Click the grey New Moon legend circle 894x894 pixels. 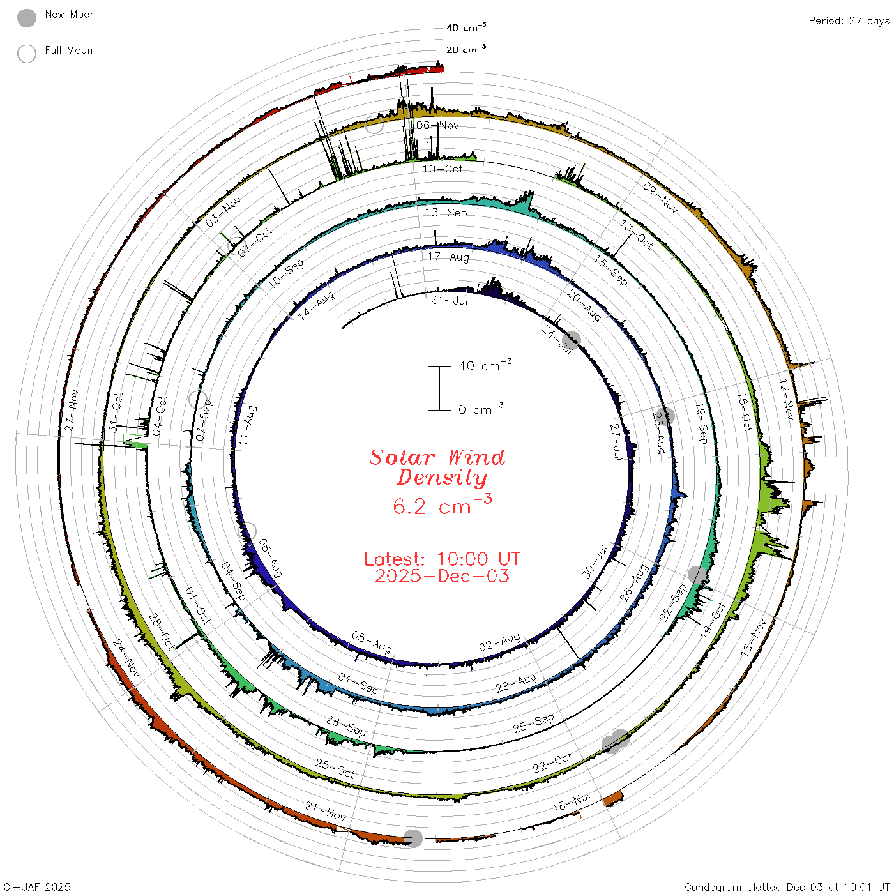(26, 18)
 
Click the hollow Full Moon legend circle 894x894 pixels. (26, 54)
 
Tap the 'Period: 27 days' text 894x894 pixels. (849, 21)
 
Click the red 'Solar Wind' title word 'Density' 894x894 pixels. (441, 478)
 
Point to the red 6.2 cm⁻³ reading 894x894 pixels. (442, 505)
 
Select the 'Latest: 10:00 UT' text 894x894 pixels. (442, 559)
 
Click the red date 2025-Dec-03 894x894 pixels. (442, 576)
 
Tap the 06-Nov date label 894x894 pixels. (437, 125)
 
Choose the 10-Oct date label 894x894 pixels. (442, 169)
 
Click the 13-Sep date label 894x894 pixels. (446, 213)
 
